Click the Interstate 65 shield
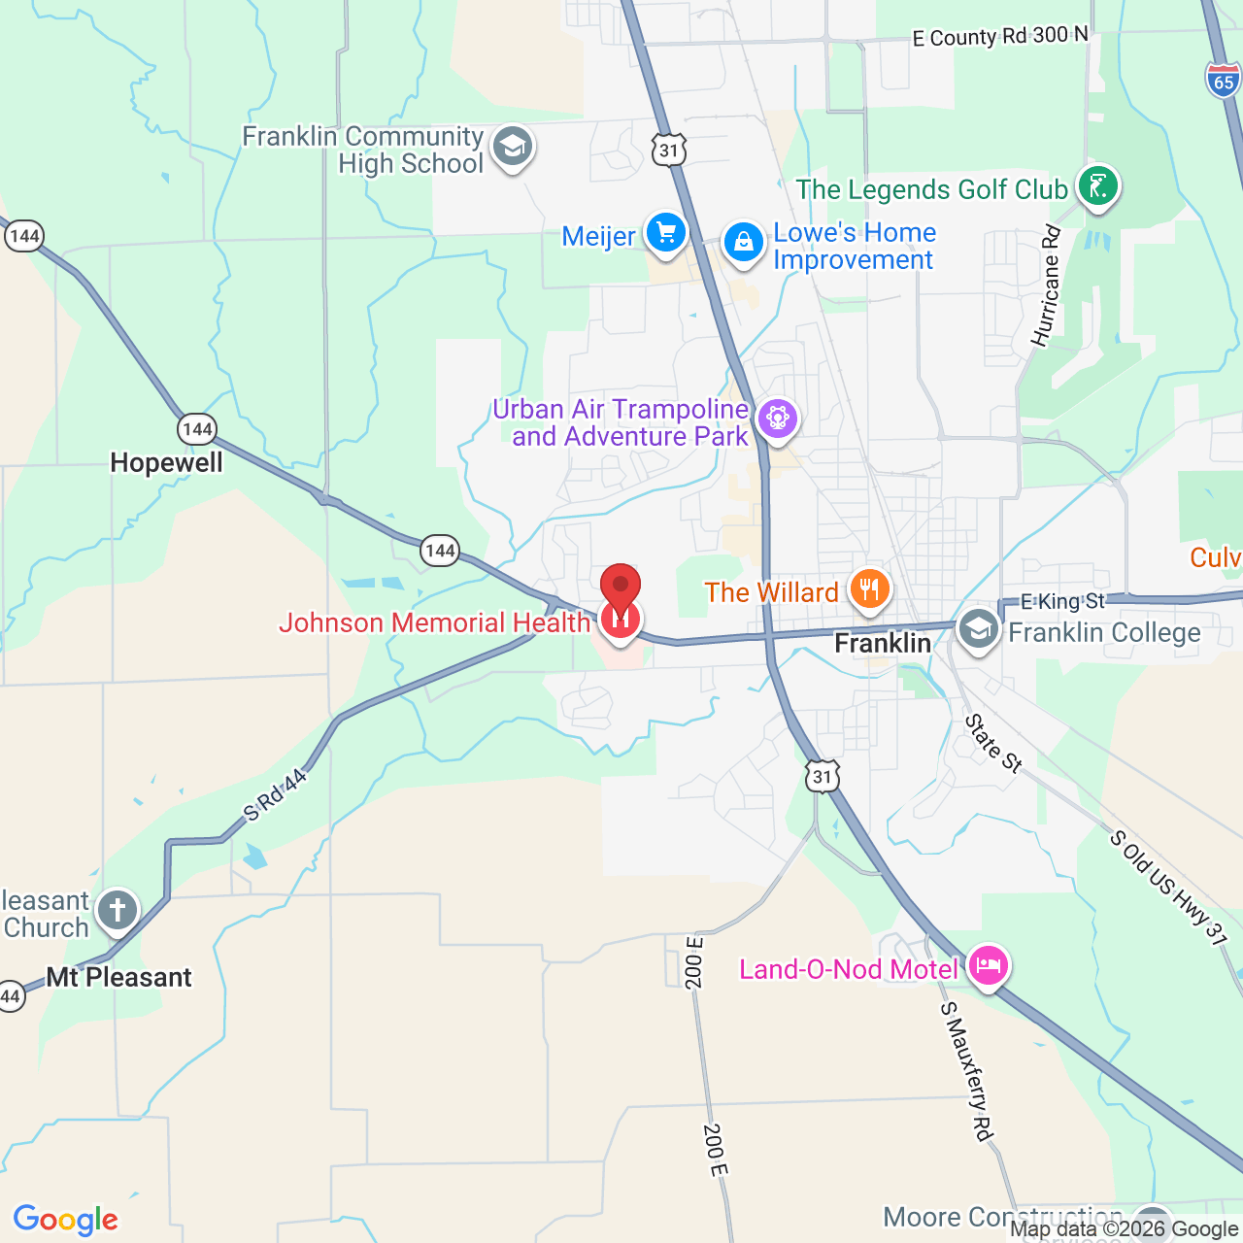[x=1224, y=80]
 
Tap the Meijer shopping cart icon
[x=666, y=233]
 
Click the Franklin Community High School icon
[x=512, y=148]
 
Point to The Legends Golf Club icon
[x=1098, y=185]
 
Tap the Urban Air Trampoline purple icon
[x=777, y=419]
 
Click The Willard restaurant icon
[x=869, y=588]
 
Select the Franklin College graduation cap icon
[x=979, y=629]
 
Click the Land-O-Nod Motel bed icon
[x=987, y=966]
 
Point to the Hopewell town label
[x=166, y=462]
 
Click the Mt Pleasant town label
[x=119, y=977]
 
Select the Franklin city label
[x=883, y=643]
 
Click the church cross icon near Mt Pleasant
[x=118, y=911]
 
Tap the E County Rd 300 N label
[x=1000, y=37]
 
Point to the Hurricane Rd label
[x=1046, y=286]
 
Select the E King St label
[x=1062, y=602]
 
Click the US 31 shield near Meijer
[x=669, y=150]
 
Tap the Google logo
[x=66, y=1220]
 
